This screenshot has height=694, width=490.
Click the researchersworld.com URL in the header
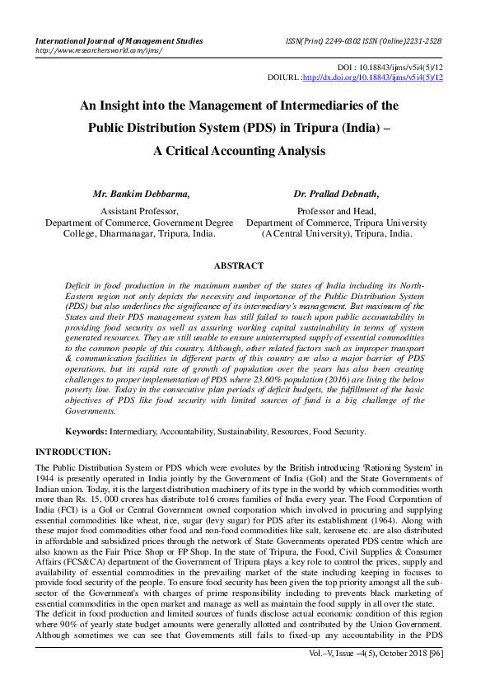(x=98, y=49)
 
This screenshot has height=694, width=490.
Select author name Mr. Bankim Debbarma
(x=141, y=195)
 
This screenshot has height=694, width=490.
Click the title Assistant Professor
(x=139, y=212)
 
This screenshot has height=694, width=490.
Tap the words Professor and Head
(x=337, y=212)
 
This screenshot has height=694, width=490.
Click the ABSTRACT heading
(x=238, y=265)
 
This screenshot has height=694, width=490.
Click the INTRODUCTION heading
(x=73, y=453)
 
